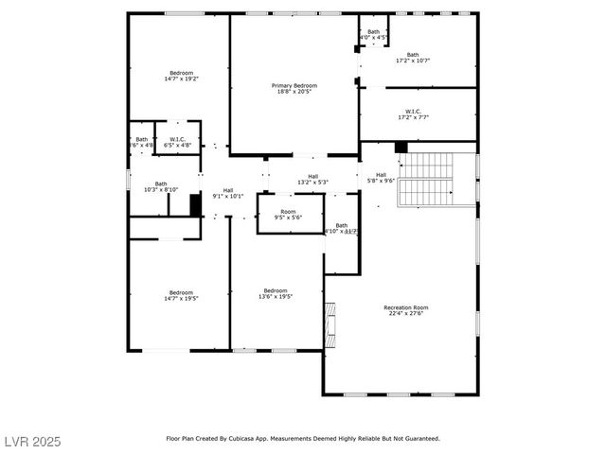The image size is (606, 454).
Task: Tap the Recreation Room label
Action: (x=406, y=310)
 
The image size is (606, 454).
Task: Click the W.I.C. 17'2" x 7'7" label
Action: (x=412, y=116)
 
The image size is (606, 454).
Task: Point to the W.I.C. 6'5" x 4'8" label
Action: (x=177, y=142)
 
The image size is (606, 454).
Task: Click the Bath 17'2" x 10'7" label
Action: (x=412, y=58)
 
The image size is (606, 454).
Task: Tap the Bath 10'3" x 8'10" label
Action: (x=161, y=186)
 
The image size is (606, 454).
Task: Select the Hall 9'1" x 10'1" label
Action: (x=228, y=193)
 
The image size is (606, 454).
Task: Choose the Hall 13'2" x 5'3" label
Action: (x=312, y=179)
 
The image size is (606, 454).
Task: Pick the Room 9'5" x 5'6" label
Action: (x=288, y=215)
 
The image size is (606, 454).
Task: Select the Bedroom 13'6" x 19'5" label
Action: (x=276, y=293)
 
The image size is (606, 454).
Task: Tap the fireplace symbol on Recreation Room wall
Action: (x=330, y=321)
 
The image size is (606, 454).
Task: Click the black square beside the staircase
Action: (x=401, y=148)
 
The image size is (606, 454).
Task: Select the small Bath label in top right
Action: (x=373, y=35)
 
